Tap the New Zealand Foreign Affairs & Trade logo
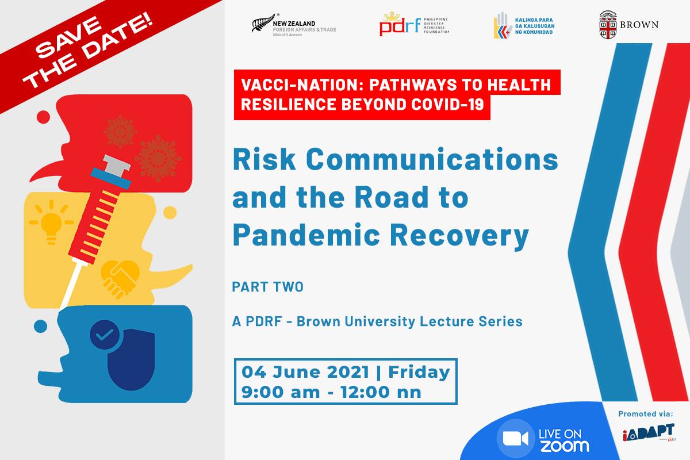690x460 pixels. [293, 25]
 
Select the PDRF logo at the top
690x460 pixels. [413, 25]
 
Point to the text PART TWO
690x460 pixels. [267, 287]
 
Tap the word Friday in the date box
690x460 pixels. [419, 372]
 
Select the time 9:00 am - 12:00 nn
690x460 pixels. [332, 392]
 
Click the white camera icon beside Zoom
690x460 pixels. [515, 439]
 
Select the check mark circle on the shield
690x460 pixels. [105, 335]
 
